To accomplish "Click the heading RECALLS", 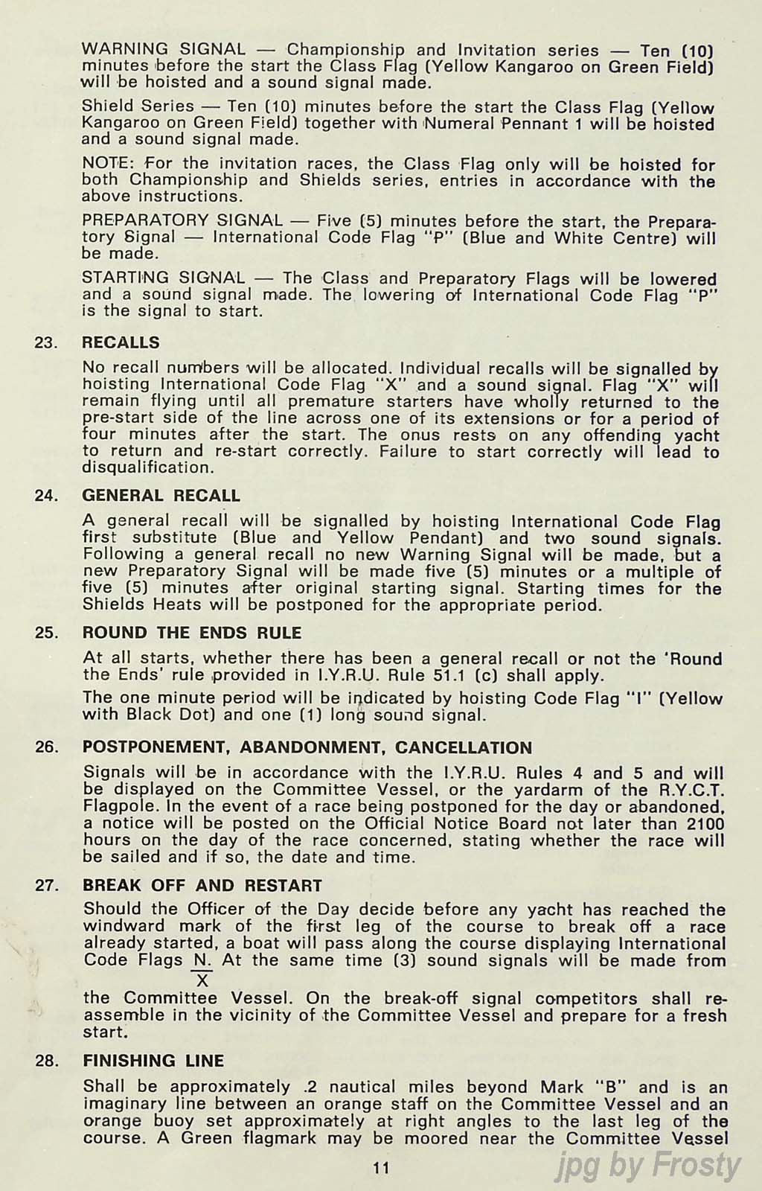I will (121, 342).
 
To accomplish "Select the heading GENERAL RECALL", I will (161, 496).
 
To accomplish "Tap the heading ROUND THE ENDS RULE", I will (192, 633).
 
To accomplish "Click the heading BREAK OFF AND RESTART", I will (202, 886).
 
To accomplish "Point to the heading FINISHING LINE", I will (153, 1061).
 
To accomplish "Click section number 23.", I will (46, 343).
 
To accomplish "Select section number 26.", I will (46, 747).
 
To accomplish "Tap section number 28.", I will (46, 1061).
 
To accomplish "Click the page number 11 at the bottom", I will (381, 1168).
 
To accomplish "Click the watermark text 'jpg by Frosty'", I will (648, 1166).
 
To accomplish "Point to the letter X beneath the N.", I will (202, 980).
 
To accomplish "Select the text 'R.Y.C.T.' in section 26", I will (694, 790).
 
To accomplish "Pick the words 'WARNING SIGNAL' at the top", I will (163, 50).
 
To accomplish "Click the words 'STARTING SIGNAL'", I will (163, 278).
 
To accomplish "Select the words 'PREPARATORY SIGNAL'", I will (182, 221).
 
